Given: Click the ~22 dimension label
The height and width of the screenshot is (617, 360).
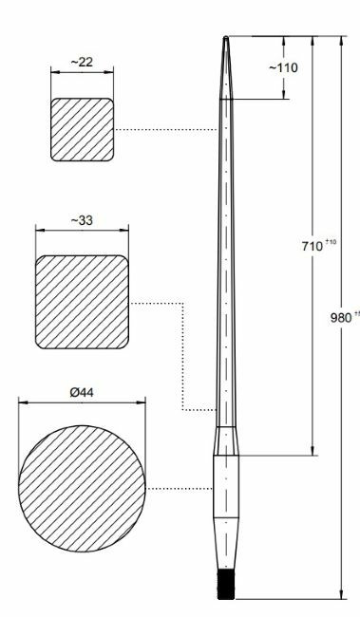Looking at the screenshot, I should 82,62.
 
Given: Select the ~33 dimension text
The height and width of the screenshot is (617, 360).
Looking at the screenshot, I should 82,220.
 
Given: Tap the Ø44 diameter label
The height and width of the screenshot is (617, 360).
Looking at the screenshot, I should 82,393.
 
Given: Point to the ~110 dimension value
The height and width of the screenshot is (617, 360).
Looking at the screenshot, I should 284,69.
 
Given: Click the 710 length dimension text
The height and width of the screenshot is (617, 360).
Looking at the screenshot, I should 310,246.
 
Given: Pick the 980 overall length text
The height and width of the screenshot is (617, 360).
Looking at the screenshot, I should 337,318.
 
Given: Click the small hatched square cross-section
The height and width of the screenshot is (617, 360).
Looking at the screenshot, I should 83,129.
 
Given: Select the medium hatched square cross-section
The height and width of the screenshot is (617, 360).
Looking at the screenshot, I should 82,301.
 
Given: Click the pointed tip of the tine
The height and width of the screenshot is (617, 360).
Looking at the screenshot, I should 225,39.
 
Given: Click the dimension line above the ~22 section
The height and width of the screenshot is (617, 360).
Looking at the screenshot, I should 83,72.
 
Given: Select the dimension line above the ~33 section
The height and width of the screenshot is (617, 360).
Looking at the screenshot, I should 82,230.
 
